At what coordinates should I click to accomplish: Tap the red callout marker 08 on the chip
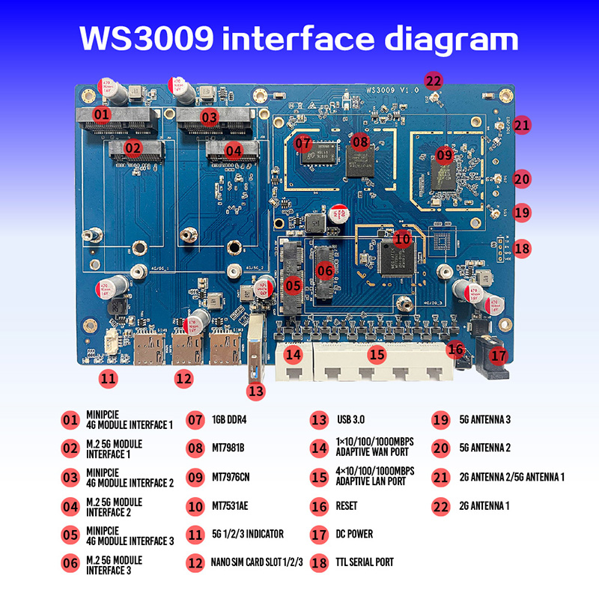click(360, 141)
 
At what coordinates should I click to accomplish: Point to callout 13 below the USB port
click(257, 389)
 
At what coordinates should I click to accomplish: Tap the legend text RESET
click(347, 506)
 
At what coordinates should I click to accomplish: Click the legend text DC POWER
click(354, 534)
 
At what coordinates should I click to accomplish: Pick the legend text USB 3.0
click(354, 420)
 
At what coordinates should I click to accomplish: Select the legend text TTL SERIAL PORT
click(365, 562)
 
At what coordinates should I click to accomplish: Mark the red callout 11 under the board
click(109, 378)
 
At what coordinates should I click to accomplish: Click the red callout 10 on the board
click(402, 239)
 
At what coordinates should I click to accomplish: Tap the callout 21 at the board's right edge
click(522, 126)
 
